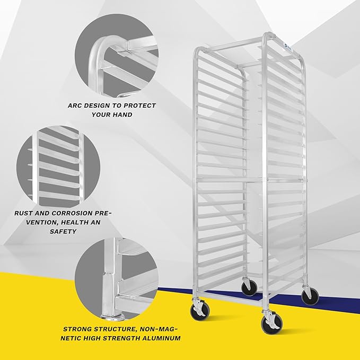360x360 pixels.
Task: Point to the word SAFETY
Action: (x=63, y=231)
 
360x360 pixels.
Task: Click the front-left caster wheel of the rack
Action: (x=199, y=312)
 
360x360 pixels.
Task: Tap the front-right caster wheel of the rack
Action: (x=271, y=324)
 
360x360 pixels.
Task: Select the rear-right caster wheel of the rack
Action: (x=310, y=296)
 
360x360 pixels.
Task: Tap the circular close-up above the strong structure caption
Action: (x=116, y=279)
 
